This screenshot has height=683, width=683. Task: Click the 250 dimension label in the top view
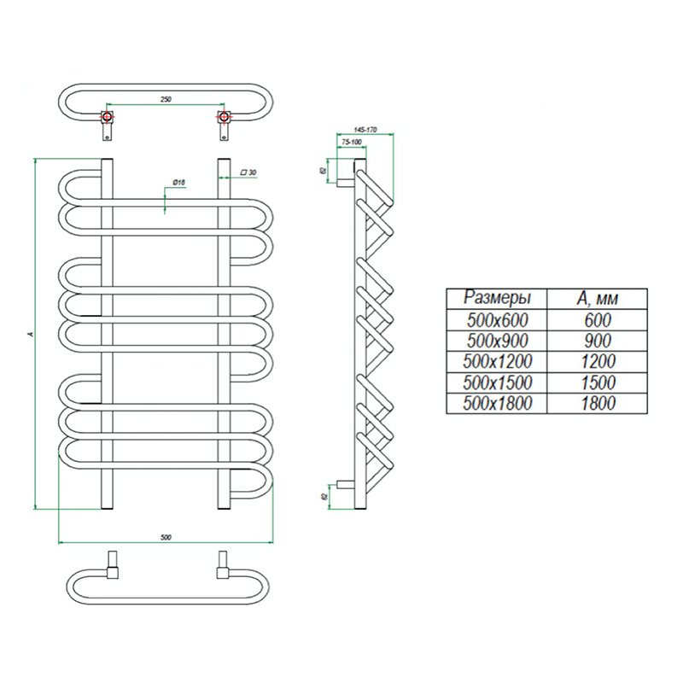(166, 100)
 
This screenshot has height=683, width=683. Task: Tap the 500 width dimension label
(166, 536)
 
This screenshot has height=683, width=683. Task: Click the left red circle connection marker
(108, 116)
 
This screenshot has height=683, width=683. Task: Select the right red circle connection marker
(224, 116)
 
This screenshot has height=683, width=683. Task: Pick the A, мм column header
(597, 298)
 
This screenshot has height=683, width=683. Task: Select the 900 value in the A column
(597, 341)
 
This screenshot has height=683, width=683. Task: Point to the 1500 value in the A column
(597, 382)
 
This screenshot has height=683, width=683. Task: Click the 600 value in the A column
(597, 319)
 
